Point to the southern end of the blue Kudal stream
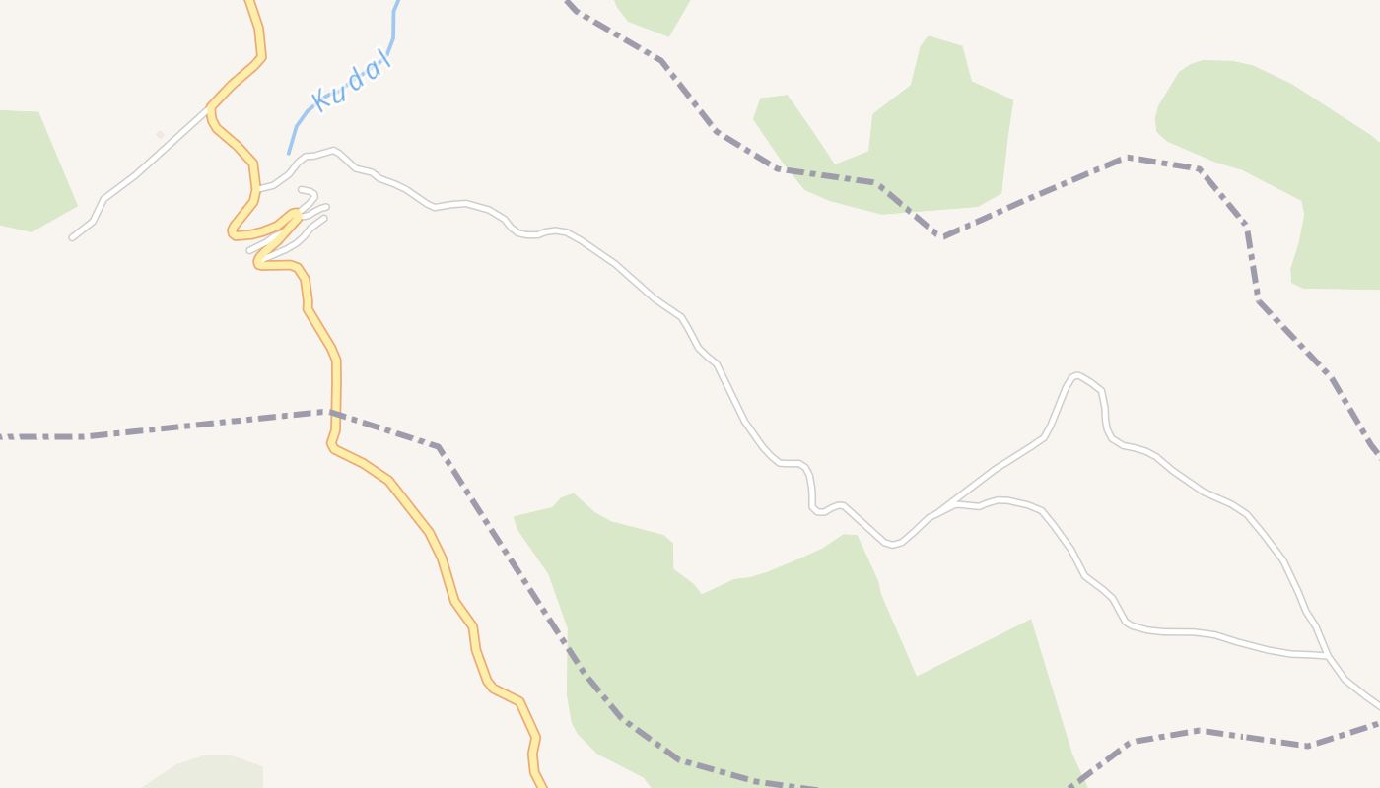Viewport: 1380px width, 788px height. [x=289, y=153]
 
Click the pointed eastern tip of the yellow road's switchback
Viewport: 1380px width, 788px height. [x=296, y=212]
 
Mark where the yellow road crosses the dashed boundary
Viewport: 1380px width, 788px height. [x=335, y=413]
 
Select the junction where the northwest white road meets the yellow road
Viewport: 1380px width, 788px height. [x=210, y=110]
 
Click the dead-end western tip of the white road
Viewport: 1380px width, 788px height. [x=72, y=237]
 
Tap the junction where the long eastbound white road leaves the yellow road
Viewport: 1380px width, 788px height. [x=258, y=188]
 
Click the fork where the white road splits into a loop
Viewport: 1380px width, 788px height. [x=954, y=503]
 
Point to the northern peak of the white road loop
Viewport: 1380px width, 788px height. [x=1076, y=375]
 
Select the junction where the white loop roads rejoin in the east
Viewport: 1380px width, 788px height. [x=1326, y=655]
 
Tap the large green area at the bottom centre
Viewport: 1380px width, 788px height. [x=789, y=650]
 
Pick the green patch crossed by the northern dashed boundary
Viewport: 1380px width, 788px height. [x=917, y=148]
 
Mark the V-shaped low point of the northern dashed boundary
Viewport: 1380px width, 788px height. [x=942, y=237]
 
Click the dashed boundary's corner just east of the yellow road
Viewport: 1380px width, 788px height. [x=439, y=447]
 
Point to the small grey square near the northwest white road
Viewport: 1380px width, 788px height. [x=160, y=134]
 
